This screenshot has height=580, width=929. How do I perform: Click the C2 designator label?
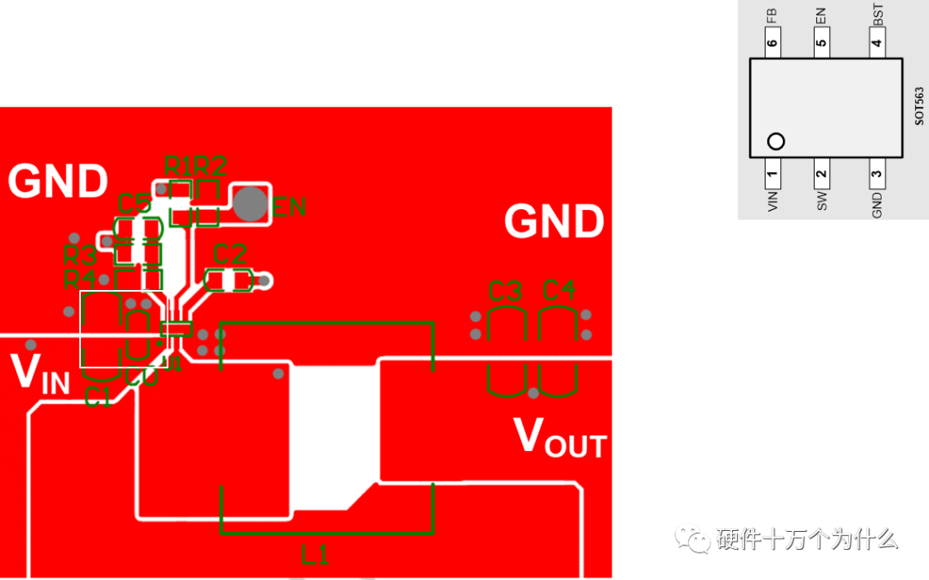(230, 254)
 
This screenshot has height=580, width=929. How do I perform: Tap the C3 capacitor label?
(505, 291)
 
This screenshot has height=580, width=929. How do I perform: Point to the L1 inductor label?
(315, 555)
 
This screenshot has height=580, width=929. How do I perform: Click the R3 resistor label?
(80, 255)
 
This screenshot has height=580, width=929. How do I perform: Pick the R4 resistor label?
(80, 279)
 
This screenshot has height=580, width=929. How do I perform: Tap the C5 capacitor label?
(135, 204)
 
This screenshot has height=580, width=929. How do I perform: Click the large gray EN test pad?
(250, 204)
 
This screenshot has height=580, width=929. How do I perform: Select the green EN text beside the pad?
(290, 207)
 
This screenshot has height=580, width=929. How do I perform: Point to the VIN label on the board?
(40, 373)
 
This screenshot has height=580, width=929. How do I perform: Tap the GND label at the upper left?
(58, 182)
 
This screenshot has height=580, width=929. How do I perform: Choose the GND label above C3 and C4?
(554, 221)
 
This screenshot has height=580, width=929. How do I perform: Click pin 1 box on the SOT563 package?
(772, 177)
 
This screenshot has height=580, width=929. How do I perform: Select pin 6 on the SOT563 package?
(772, 43)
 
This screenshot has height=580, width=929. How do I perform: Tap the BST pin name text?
(877, 14)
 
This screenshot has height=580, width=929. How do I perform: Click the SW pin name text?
(822, 201)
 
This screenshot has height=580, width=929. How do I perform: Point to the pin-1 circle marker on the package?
(776, 141)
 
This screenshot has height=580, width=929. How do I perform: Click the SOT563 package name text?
(919, 106)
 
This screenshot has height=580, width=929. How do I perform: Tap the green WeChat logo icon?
(692, 538)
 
